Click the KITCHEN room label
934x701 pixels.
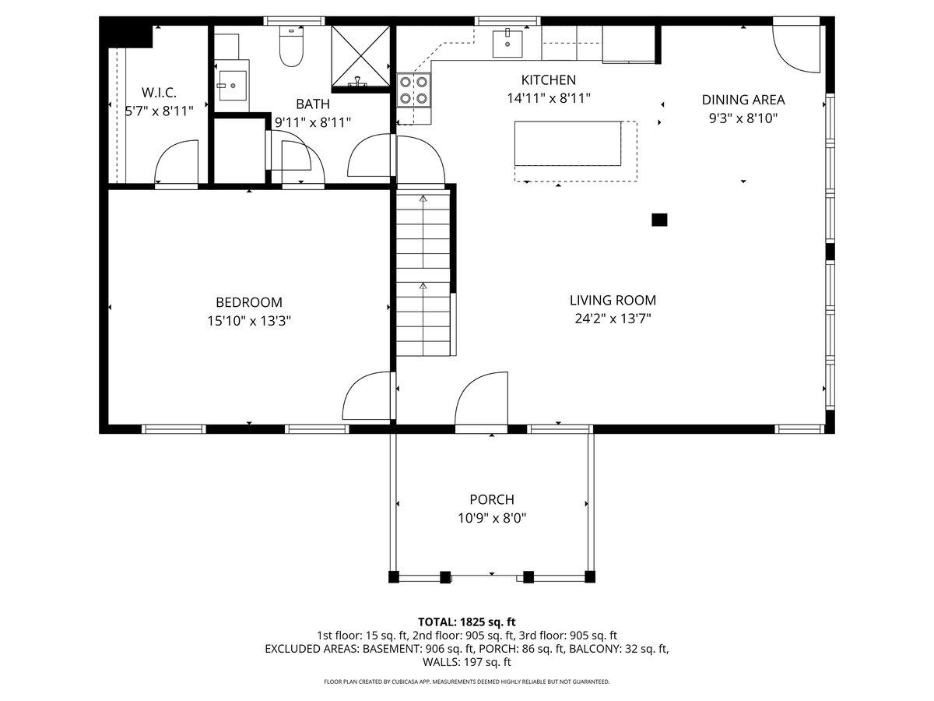[548, 79]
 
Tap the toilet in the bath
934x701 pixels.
[290, 49]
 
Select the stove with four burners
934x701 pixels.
[413, 90]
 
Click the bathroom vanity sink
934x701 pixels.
[231, 86]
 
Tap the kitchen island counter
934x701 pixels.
[567, 143]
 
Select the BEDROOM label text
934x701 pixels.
[248, 302]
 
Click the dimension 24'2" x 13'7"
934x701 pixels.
[613, 318]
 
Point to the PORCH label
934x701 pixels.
[491, 500]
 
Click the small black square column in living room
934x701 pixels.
[659, 220]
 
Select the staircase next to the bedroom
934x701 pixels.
[423, 274]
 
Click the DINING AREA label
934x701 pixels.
[743, 100]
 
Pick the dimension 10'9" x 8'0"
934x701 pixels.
[491, 518]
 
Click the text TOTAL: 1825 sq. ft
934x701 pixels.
[467, 622]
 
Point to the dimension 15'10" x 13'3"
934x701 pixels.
[248, 320]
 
